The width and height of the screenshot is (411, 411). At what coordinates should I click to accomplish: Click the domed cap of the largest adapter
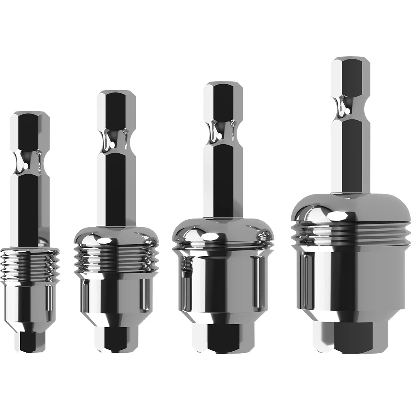[349, 207]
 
